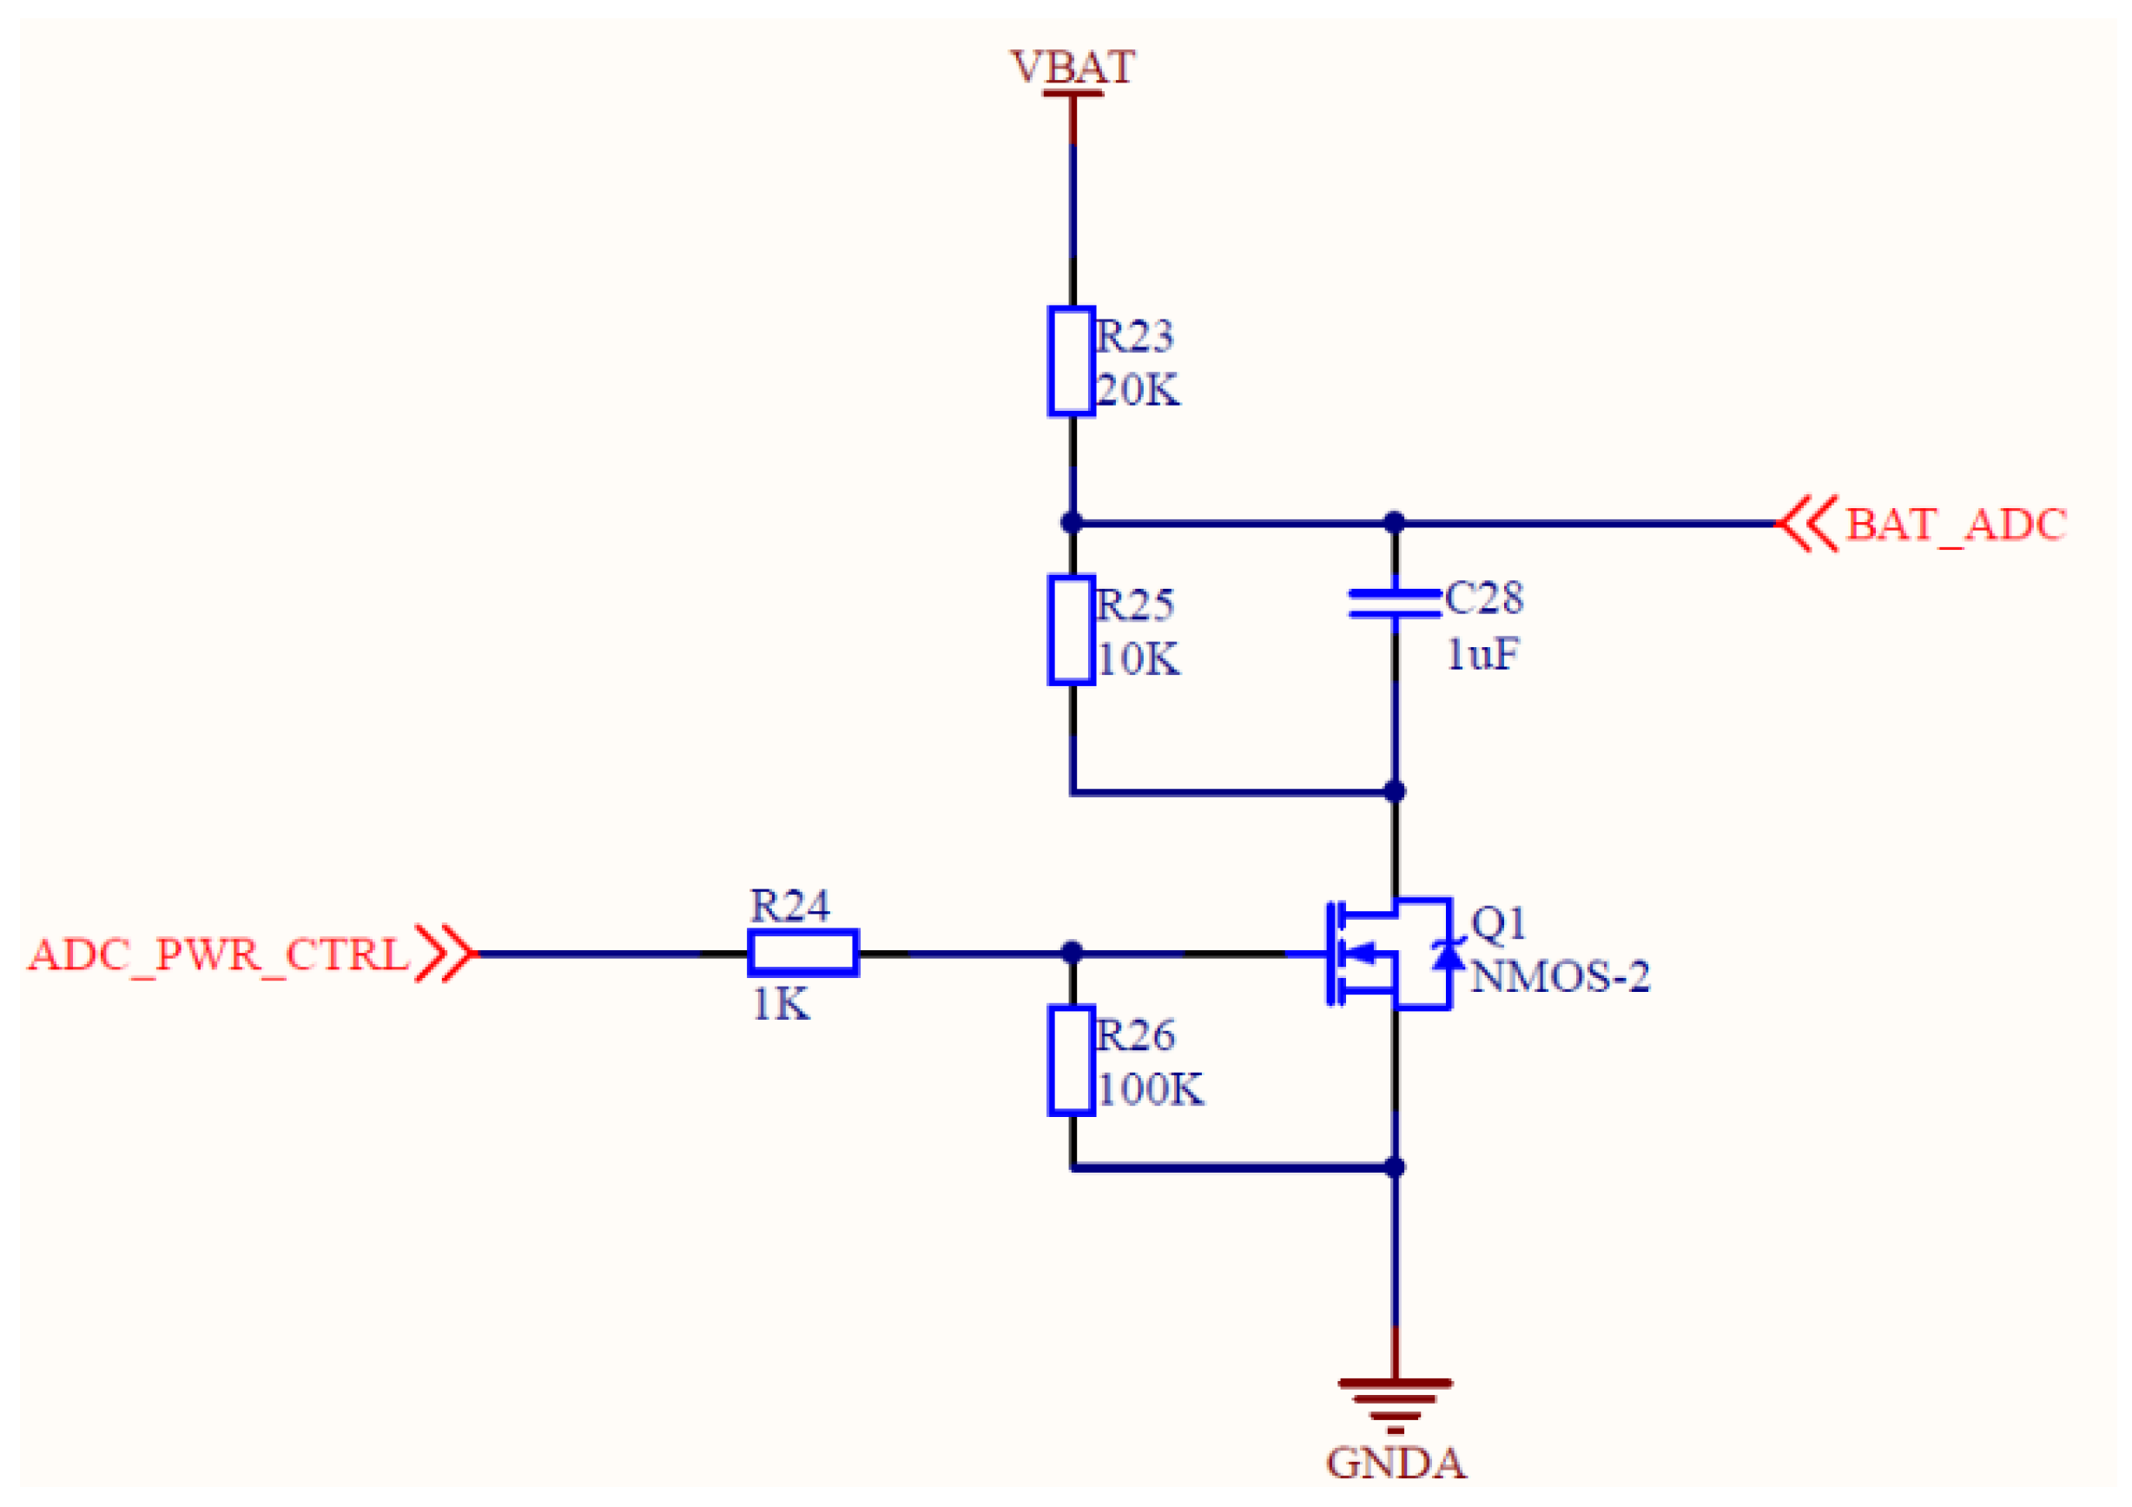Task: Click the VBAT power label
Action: click(x=1073, y=67)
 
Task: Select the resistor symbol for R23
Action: click(x=1071, y=361)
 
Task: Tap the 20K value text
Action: click(x=1138, y=390)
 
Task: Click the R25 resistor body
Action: click(x=1071, y=631)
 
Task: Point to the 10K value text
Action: click(x=1138, y=659)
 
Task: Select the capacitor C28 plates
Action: click(x=1395, y=603)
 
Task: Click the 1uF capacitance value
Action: click(x=1483, y=655)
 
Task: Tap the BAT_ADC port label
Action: click(x=1955, y=525)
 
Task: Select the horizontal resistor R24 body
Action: click(x=803, y=953)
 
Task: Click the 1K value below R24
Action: click(x=780, y=1005)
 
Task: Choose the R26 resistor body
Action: click(x=1071, y=1061)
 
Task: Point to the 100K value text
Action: click(x=1150, y=1089)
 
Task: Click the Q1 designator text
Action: click(x=1499, y=923)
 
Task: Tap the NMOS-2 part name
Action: click(x=1560, y=977)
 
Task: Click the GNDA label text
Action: click(x=1396, y=1464)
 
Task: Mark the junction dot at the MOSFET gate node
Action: click(x=1072, y=953)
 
